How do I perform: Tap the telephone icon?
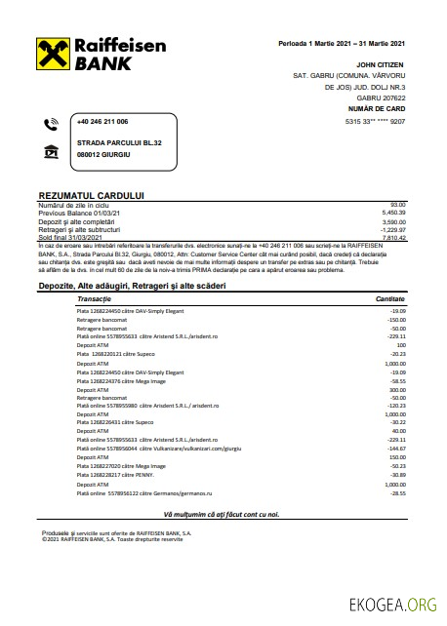[52, 123]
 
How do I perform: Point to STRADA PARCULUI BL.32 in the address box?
[119, 143]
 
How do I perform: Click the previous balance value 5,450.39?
[393, 212]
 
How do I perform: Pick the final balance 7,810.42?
[393, 237]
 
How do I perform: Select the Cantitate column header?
[389, 298]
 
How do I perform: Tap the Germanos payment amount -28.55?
[395, 492]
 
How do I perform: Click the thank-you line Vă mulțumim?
[222, 513]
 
